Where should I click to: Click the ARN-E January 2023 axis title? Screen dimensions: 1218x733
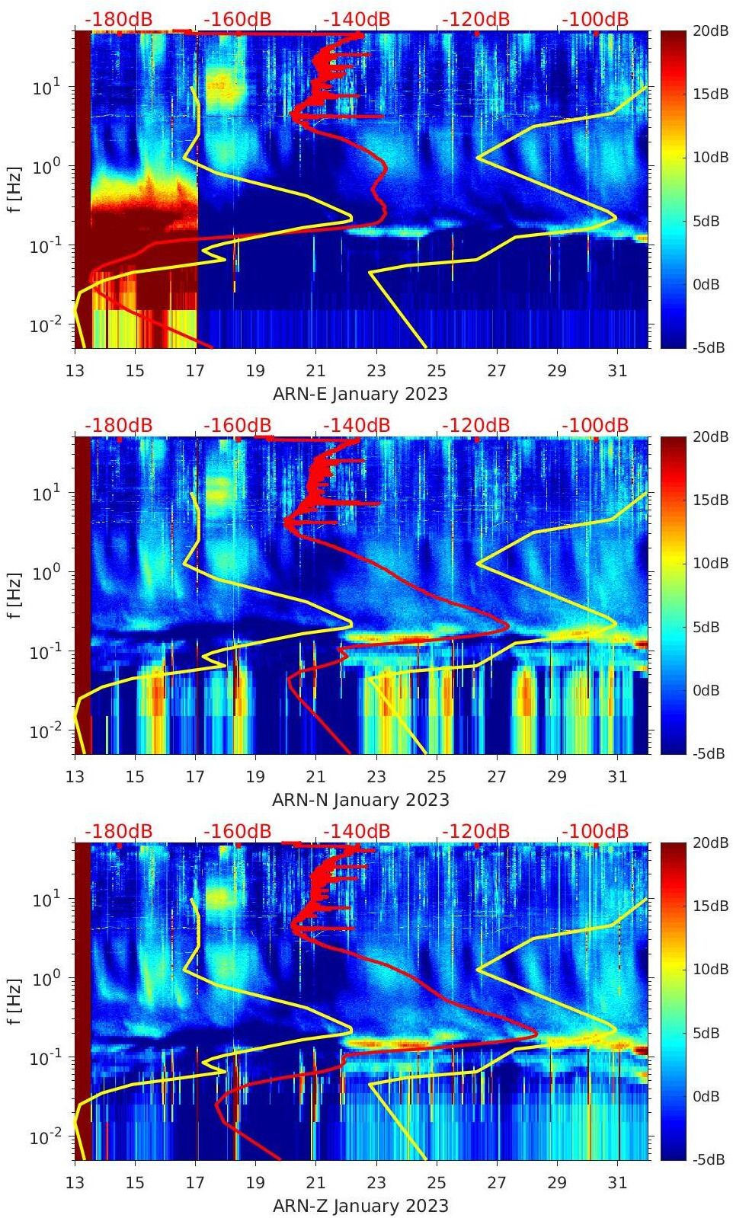(360, 394)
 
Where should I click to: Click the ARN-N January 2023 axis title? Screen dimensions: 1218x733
(360, 800)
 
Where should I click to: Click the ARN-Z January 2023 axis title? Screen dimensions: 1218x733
(360, 1206)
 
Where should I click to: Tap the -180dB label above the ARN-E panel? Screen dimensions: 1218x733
(119, 19)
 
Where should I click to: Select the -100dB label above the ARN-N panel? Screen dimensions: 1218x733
(595, 425)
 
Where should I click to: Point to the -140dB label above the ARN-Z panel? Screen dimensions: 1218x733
(357, 831)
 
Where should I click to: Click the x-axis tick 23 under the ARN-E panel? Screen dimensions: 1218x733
(376, 371)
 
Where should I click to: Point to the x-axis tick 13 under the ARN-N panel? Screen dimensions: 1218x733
(75, 777)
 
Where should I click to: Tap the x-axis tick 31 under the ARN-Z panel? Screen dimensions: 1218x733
(617, 1183)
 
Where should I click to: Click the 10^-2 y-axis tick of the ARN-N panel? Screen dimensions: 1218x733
(44, 732)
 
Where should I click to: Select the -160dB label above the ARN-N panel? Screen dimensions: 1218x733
(238, 425)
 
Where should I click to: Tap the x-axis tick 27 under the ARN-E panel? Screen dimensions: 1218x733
(497, 371)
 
